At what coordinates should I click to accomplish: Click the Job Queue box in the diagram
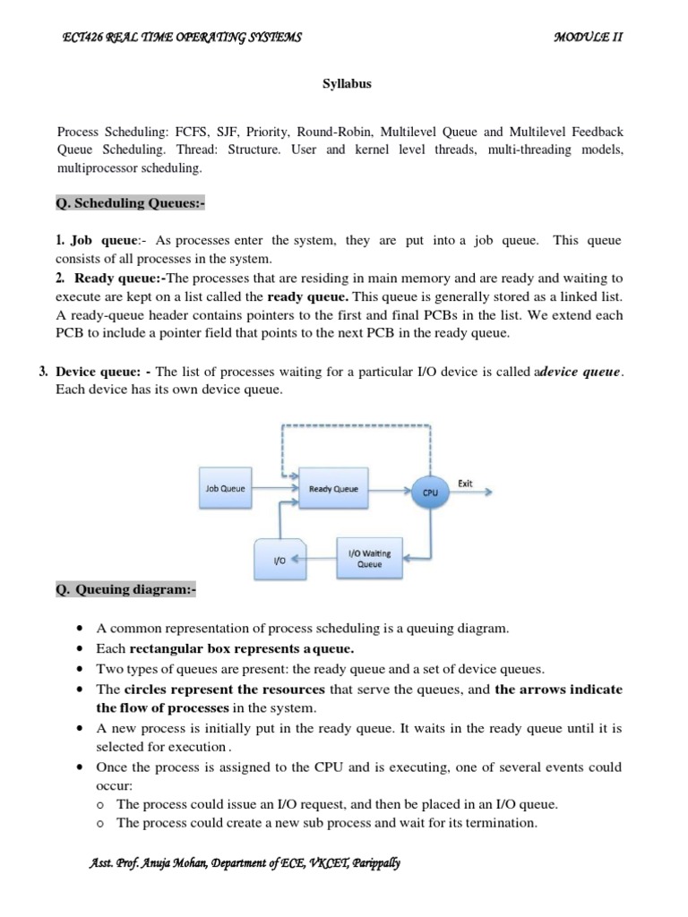point(225,489)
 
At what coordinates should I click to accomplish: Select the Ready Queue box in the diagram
point(332,489)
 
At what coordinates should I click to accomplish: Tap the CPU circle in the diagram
point(431,491)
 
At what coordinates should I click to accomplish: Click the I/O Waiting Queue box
point(369,559)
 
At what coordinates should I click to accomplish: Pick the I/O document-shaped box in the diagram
point(279,560)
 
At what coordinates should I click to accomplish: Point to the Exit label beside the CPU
point(465,483)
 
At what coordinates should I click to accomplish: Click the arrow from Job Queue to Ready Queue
point(274,489)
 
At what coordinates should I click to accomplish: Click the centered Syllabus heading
point(347,84)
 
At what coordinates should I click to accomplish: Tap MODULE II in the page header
point(588,37)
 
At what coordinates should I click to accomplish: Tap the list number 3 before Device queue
point(44,372)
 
